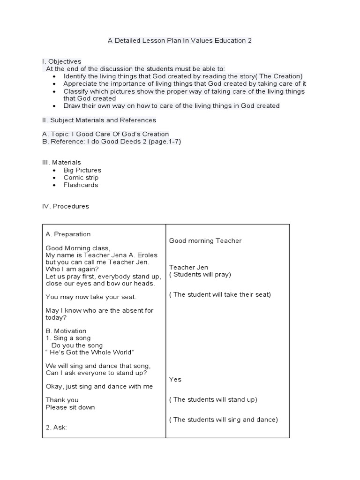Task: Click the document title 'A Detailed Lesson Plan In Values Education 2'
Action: (x=180, y=40)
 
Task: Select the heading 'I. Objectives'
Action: (x=61, y=61)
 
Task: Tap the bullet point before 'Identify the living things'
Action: (x=55, y=76)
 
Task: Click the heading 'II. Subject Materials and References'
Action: (x=99, y=120)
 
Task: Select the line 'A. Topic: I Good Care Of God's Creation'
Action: (x=105, y=134)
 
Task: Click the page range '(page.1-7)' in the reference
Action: (x=165, y=141)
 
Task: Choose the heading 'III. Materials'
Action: (x=61, y=162)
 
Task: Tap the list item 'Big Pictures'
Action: (x=82, y=170)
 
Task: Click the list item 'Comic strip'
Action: (x=81, y=178)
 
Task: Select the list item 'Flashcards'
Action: (x=81, y=185)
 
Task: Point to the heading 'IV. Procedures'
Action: (x=65, y=206)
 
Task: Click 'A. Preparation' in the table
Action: (x=68, y=234)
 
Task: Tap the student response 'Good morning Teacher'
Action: (x=205, y=241)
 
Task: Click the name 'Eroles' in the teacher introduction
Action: (x=147, y=255)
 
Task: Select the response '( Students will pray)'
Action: (x=200, y=275)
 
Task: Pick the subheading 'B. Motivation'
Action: (x=66, y=331)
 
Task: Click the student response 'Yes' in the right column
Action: (x=175, y=379)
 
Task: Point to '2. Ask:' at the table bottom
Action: (x=56, y=427)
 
